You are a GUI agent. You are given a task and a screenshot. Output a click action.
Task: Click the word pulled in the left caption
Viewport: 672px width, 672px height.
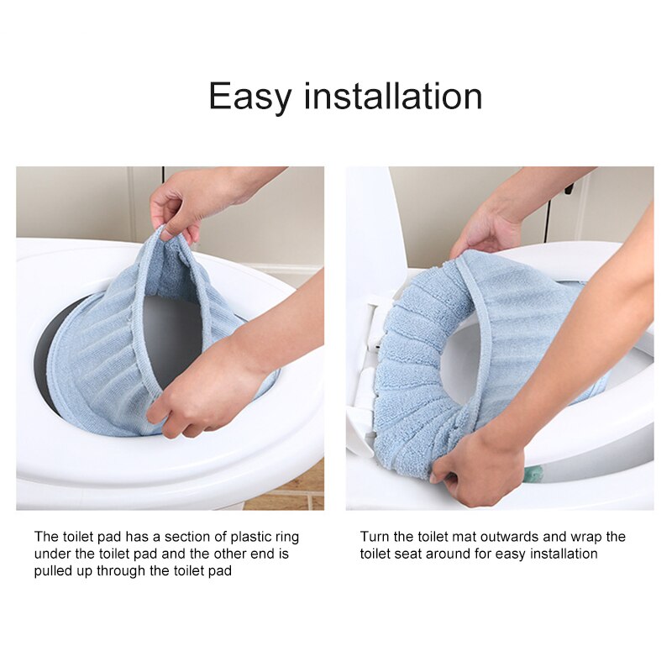coord(52,570)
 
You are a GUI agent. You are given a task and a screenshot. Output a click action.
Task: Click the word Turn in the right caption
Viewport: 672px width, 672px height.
coord(375,537)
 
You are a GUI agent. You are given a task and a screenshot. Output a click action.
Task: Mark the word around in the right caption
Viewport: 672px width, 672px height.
coord(454,554)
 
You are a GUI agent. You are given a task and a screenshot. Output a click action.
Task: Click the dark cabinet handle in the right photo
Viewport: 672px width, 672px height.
coord(569,189)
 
